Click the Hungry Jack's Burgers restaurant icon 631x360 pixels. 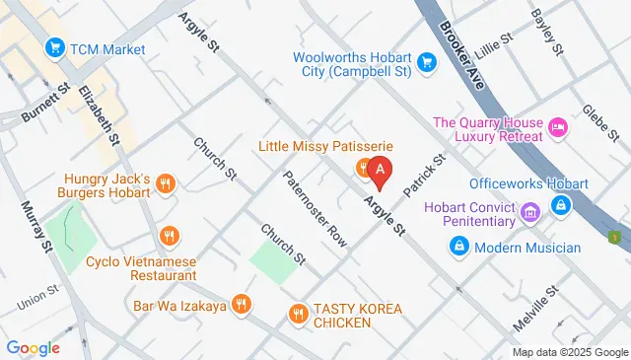coord(166,181)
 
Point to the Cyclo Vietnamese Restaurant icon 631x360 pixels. coord(171,236)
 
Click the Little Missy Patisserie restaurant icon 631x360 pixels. coord(363,167)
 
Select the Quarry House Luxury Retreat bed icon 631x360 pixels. coord(558,127)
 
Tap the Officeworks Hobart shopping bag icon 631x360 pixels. coord(561,205)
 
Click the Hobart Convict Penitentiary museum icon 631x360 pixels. coord(529,212)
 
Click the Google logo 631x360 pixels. coord(34,347)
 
